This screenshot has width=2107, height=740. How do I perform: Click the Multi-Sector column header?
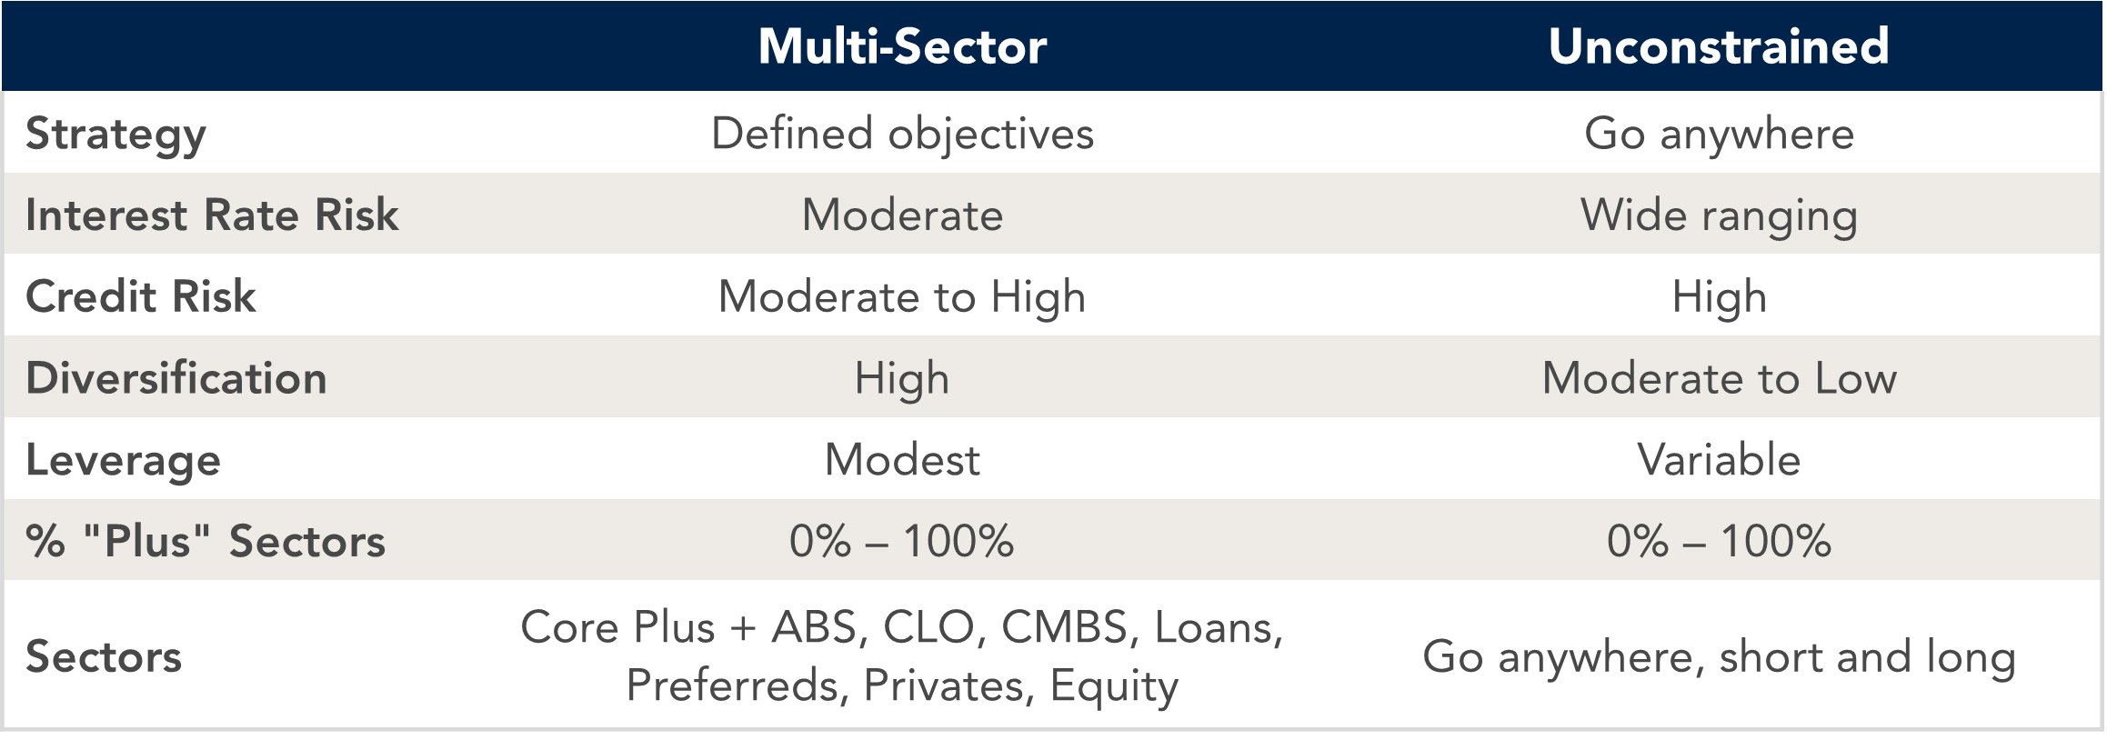point(902,46)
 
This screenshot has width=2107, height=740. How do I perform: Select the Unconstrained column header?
point(1719,46)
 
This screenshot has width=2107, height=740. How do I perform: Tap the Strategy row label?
point(116,135)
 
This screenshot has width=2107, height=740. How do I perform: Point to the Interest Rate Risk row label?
point(212,215)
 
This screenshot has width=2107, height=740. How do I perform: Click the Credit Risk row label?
point(141,297)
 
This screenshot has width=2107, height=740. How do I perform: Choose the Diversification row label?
point(176,378)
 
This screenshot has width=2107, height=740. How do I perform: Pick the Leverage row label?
point(124,460)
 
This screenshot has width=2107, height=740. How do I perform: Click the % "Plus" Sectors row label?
point(206,541)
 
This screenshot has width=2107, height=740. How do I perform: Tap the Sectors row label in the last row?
point(104,656)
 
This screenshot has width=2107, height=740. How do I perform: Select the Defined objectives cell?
point(902,135)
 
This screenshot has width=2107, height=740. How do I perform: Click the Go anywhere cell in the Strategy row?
point(1719,135)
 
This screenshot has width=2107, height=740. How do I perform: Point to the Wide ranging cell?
point(1719,216)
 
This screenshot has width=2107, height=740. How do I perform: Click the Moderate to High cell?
point(902,297)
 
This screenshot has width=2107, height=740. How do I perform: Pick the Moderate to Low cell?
point(1719,378)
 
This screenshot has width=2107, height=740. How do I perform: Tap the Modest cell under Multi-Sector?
point(902,460)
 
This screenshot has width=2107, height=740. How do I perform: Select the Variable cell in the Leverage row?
point(1719,460)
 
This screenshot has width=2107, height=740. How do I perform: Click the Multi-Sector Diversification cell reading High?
point(902,379)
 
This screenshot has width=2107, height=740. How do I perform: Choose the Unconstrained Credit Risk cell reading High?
point(1719,297)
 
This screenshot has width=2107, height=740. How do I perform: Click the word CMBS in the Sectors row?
point(1065,627)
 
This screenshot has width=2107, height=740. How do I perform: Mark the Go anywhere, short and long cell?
point(1719,656)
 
